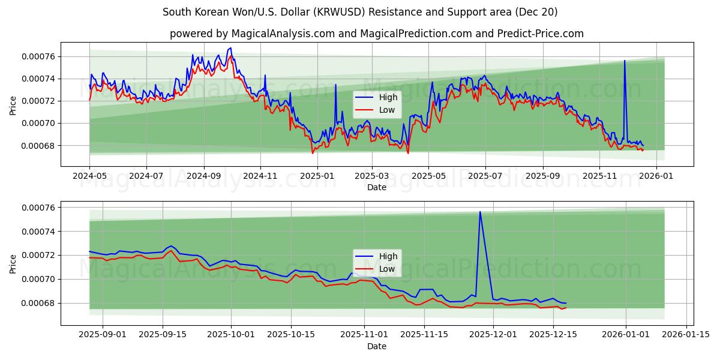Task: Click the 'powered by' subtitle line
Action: [x=377, y=34]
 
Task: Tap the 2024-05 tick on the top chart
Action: [x=89, y=176]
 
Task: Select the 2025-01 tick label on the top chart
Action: [x=317, y=176]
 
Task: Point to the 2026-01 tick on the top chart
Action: [x=656, y=176]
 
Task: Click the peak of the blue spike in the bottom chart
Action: [x=480, y=212]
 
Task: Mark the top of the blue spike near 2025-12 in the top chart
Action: [x=625, y=61]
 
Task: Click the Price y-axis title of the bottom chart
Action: [x=13, y=263]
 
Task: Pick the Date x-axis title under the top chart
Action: [x=377, y=187]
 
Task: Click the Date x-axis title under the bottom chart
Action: [x=377, y=347]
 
